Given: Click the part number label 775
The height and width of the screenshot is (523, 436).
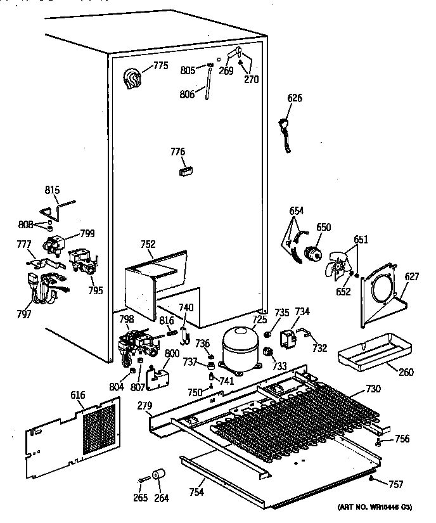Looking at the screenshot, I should click(160, 66).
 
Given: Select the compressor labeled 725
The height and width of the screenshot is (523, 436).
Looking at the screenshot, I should click(238, 350).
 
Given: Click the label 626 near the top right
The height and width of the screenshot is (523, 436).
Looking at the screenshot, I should click(295, 98).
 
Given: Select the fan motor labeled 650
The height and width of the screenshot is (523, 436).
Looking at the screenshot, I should click(312, 252).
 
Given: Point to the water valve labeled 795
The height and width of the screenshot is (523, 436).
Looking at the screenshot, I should click(82, 260).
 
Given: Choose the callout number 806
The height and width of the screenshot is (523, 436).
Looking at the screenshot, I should click(187, 94).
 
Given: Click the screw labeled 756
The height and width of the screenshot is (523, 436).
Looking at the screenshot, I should click(378, 441).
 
